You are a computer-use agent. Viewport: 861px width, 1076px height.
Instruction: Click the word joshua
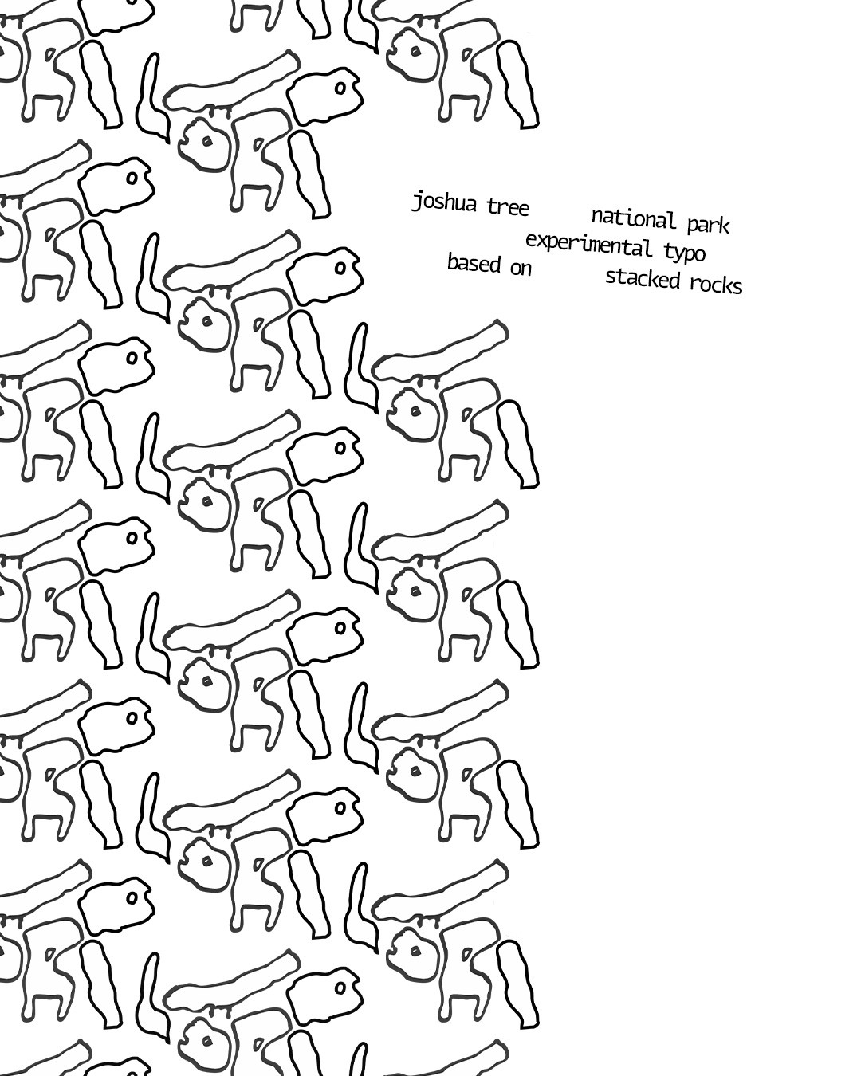click(x=443, y=202)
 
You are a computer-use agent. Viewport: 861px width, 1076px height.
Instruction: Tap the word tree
click(x=508, y=206)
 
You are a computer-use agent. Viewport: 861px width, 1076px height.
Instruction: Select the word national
click(x=634, y=218)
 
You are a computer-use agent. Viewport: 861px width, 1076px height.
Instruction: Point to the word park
click(x=709, y=225)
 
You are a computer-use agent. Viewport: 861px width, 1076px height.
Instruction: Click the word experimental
click(x=589, y=244)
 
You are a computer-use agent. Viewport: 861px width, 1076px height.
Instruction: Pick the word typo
click(x=684, y=253)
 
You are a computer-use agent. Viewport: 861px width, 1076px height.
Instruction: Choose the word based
click(x=474, y=263)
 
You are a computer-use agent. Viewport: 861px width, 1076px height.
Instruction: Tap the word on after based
click(x=521, y=269)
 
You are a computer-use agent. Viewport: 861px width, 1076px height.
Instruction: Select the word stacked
click(x=643, y=278)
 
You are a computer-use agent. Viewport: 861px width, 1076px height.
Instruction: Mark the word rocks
click(x=716, y=285)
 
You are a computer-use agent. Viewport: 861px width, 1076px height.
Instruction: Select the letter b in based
click(x=452, y=261)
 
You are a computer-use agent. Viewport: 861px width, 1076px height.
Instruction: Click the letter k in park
click(x=725, y=226)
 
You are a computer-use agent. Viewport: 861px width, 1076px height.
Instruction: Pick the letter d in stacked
click(x=674, y=281)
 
